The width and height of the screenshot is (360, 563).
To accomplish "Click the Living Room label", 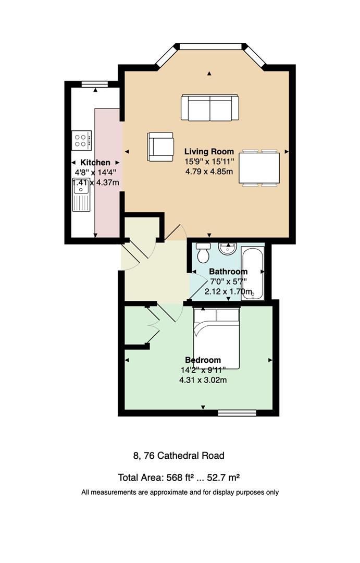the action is (x=209, y=152).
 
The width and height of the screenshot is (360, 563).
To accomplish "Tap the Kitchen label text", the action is (x=95, y=163).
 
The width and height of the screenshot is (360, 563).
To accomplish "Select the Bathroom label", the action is (x=228, y=272).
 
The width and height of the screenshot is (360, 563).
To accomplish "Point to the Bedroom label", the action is (x=203, y=360).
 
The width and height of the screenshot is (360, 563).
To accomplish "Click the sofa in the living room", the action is (x=210, y=108).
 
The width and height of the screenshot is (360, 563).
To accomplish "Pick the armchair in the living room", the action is (x=160, y=146).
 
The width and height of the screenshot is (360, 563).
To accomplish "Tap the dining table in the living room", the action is (x=259, y=168).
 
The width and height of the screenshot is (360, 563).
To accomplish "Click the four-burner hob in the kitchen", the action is (x=81, y=140).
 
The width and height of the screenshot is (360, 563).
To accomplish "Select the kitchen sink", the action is (x=81, y=194).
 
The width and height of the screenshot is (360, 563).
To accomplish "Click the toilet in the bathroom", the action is (x=204, y=252).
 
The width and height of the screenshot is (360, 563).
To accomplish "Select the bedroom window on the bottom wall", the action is (x=237, y=413).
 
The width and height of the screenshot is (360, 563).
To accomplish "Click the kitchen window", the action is (x=95, y=84).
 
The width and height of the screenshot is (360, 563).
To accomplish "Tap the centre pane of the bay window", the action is (x=210, y=46).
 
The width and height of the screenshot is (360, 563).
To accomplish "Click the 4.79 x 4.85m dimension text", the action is (x=209, y=172).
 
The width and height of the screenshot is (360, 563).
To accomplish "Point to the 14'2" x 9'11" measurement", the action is (x=203, y=370).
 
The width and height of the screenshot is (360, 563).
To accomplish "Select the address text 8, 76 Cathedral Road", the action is (x=179, y=456).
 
